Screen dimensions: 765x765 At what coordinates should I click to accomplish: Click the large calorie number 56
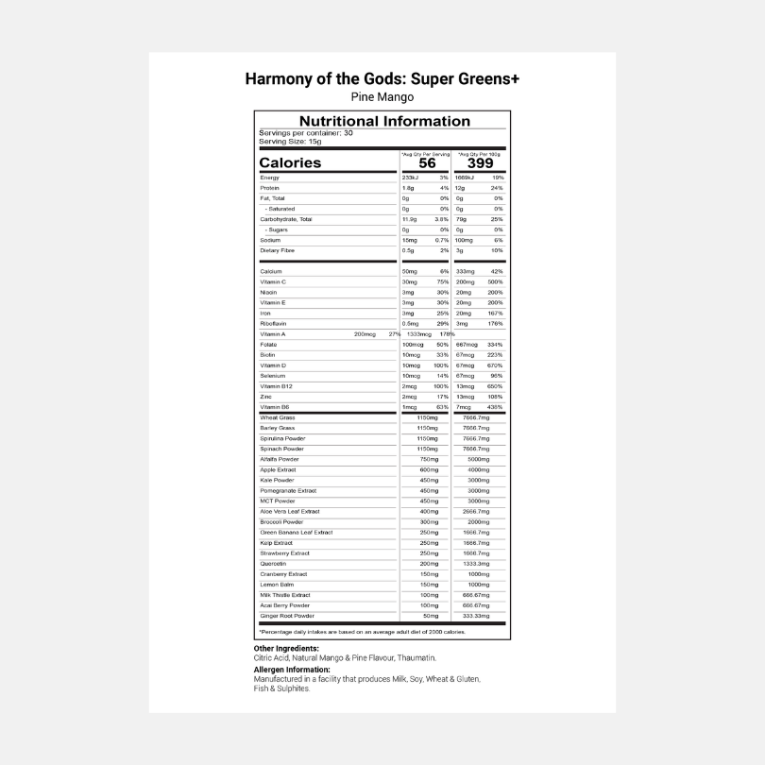click(x=427, y=162)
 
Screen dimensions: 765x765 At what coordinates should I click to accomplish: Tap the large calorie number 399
click(x=480, y=162)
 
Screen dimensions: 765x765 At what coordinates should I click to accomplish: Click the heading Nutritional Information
click(x=383, y=121)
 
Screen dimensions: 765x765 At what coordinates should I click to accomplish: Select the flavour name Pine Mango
click(x=382, y=96)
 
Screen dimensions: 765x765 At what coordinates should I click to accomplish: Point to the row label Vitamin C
click(x=273, y=281)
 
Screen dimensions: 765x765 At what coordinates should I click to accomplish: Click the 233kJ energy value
click(x=409, y=178)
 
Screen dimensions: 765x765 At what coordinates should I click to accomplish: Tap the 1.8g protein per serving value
click(x=407, y=188)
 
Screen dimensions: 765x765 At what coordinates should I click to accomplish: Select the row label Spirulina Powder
click(x=282, y=438)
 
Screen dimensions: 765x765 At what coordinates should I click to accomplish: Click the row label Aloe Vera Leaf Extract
click(x=290, y=511)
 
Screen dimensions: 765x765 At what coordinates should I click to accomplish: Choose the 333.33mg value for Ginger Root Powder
click(x=478, y=616)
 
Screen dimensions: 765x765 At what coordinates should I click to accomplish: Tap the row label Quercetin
click(x=274, y=563)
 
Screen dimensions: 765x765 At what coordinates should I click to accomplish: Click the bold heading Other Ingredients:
click(x=286, y=649)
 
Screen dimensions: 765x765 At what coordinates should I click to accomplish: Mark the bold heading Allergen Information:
click(x=291, y=670)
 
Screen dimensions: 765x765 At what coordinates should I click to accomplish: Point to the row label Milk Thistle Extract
click(x=285, y=595)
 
